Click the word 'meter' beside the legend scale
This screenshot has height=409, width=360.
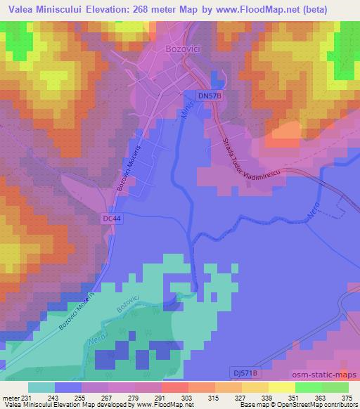click(x=11, y=397)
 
